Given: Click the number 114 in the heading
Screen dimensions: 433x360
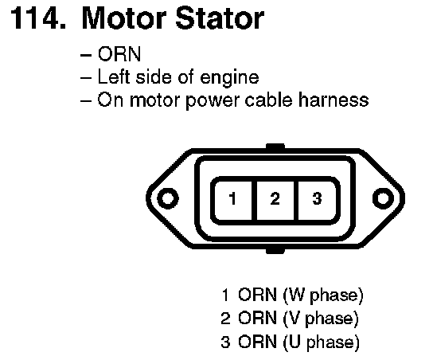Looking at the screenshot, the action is click(x=38, y=19).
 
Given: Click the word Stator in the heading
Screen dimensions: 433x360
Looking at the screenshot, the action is click(x=220, y=19).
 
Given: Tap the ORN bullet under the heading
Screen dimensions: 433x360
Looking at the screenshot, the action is click(x=119, y=54).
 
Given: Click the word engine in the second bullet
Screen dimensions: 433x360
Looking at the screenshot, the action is click(x=229, y=78).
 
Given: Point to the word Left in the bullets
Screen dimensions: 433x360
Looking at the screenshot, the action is click(x=113, y=76).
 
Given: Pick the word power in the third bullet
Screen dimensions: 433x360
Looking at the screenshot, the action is click(x=211, y=101).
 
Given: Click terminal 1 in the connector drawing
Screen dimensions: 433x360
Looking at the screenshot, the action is click(x=232, y=198).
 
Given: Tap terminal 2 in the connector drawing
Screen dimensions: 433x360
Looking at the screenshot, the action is click(x=275, y=198).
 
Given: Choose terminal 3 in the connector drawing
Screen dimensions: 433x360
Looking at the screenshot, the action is click(x=317, y=198).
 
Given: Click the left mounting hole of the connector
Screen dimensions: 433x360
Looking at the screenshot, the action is click(x=168, y=198).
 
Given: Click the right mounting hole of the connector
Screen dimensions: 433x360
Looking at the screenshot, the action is click(x=383, y=198).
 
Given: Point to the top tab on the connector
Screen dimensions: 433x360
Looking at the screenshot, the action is click(x=275, y=147).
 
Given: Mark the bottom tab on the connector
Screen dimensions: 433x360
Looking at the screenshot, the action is click(x=275, y=250).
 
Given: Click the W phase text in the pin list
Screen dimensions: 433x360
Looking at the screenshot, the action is click(x=323, y=295).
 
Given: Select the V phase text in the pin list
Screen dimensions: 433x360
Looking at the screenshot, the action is click(x=321, y=319).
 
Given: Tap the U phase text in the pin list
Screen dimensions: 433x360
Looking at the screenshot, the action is click(x=322, y=342).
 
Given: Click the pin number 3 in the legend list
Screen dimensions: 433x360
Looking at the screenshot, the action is click(x=225, y=342).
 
